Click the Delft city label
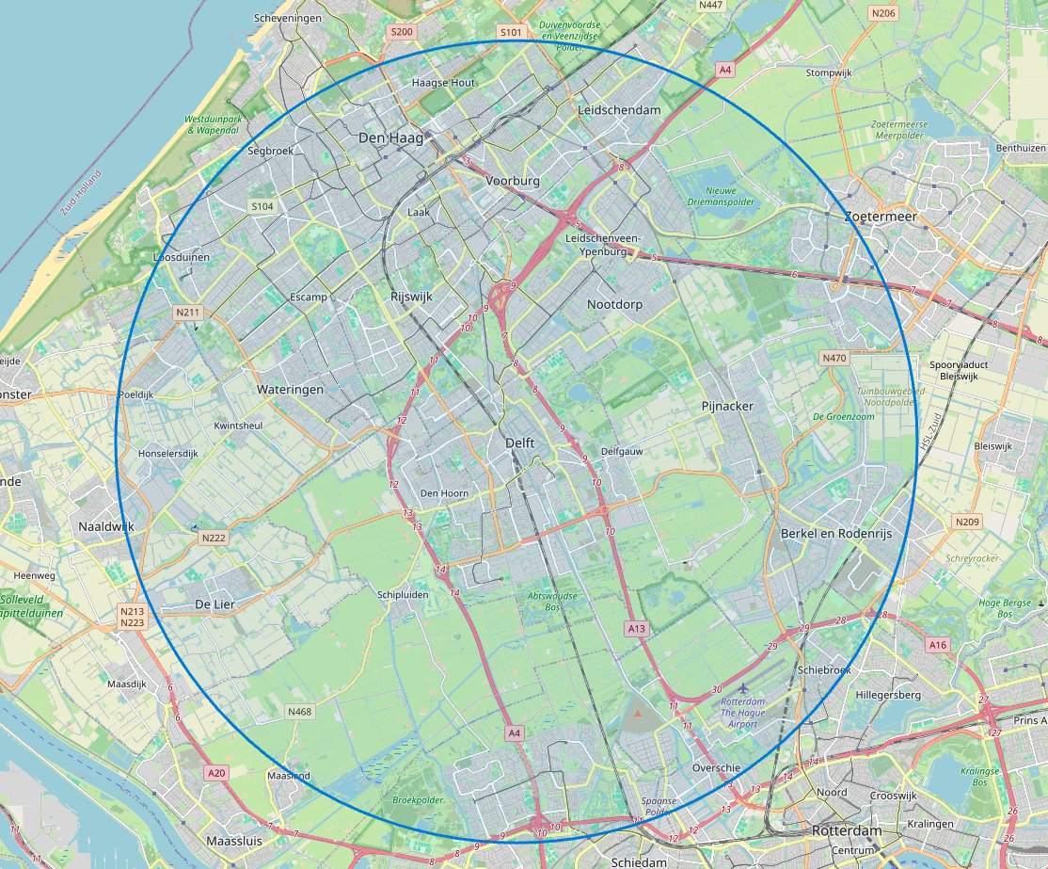point(519,443)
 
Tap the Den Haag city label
point(391,138)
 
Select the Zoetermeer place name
point(880,216)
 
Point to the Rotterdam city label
point(847,831)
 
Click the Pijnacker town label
point(727,406)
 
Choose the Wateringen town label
point(290,389)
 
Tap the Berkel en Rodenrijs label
point(835,534)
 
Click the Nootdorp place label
point(614,304)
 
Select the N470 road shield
point(834,358)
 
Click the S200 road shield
point(402,32)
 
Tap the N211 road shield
point(188,312)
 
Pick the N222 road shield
point(214,538)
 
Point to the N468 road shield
point(299,712)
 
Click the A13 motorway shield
point(637,627)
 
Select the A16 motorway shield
point(937,645)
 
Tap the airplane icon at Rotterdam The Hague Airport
point(747,690)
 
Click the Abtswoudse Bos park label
point(552,602)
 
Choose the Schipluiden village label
point(402,595)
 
